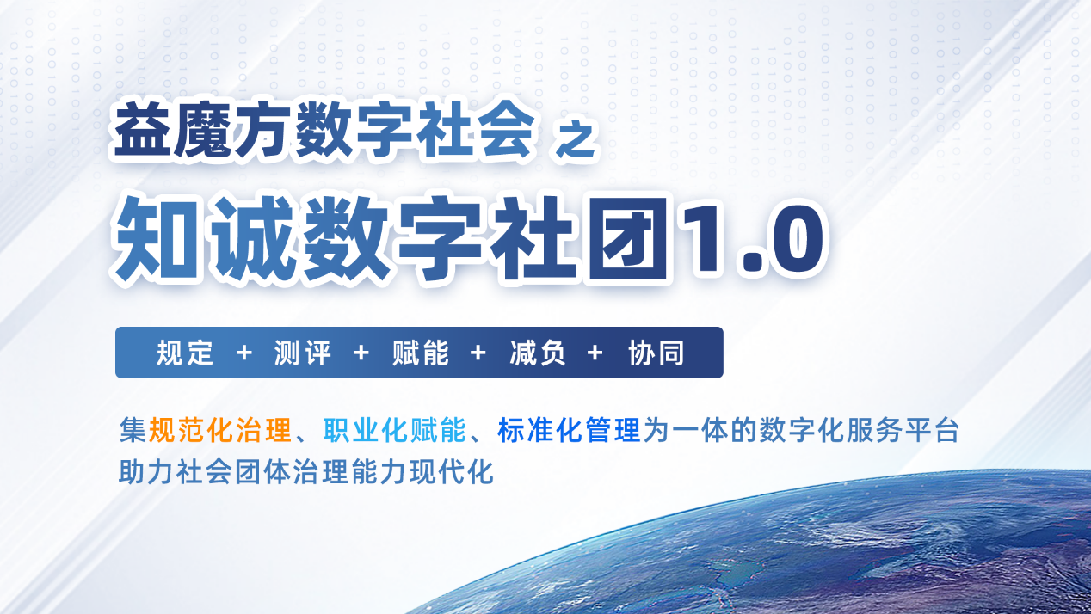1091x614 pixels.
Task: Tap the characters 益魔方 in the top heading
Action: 200,130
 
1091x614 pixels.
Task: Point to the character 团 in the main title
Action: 628,238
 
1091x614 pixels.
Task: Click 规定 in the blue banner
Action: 185,353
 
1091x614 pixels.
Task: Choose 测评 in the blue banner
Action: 303,353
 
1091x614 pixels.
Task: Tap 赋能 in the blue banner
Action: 421,353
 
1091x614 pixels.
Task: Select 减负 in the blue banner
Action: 538,353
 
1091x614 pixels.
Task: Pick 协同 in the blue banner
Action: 656,353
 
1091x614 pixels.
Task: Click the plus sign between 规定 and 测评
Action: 243,353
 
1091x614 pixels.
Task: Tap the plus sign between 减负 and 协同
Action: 595,353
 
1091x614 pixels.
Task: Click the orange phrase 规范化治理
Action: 219,431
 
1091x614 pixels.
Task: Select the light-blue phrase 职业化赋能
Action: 395,431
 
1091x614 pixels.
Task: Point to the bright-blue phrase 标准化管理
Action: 569,431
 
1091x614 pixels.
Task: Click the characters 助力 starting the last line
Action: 146,472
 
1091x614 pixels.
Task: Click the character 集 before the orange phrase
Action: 133,431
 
